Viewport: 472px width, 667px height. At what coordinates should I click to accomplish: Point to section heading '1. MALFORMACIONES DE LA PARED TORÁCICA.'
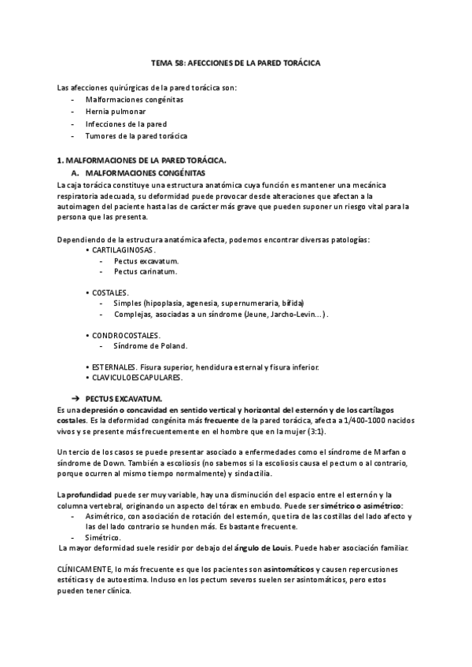pos(142,160)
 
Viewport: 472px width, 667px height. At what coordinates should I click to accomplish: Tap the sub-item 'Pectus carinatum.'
pos(146,272)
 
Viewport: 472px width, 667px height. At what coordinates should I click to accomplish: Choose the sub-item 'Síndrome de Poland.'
pos(151,346)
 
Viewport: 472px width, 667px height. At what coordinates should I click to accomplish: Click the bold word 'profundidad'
pos(93,493)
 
